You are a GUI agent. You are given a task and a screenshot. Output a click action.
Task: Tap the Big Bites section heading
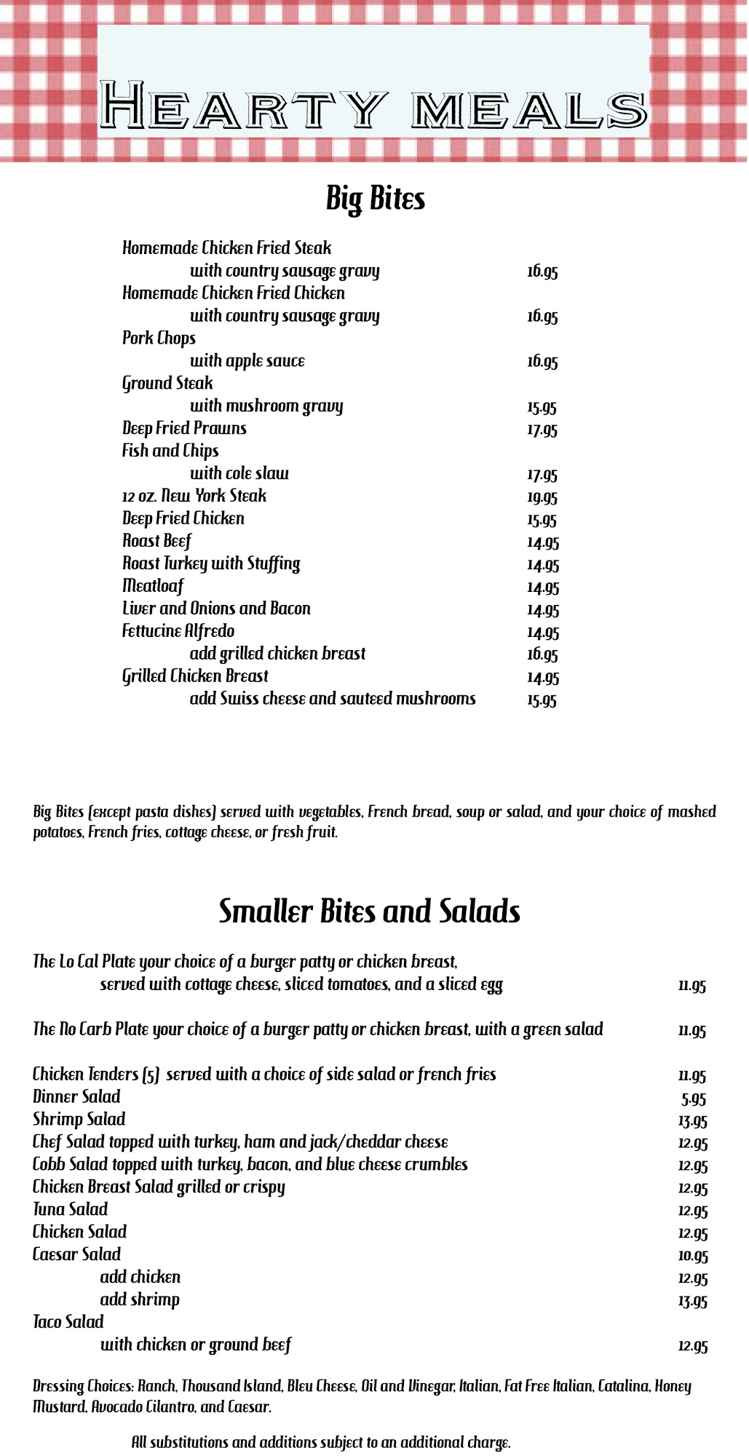point(375,199)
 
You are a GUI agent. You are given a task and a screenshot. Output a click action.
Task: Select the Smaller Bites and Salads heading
point(370,911)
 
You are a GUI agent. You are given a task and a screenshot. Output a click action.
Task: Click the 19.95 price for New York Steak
point(542,497)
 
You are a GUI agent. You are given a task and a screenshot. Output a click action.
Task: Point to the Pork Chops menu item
point(159,339)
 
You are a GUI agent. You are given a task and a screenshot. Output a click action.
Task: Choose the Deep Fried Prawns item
point(184,428)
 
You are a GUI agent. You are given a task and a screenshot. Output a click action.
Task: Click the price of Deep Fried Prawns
point(542,430)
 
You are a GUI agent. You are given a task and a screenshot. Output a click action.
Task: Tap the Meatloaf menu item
point(153,586)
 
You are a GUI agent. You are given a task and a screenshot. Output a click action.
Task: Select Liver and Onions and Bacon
point(216,609)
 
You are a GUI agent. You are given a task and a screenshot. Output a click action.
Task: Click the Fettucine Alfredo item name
point(178,631)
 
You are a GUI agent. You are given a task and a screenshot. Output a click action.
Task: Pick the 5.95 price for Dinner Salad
point(694,1099)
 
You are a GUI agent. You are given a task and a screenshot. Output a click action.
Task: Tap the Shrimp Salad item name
point(79,1120)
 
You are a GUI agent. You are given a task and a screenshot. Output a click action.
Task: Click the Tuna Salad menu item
point(70,1210)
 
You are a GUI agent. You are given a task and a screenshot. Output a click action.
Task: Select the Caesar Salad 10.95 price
point(692,1256)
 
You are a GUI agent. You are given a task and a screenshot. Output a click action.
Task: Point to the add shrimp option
point(140,1299)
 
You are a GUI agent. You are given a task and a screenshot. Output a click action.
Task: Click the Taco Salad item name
point(68,1322)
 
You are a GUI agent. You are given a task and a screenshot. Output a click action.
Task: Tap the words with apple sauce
point(247,361)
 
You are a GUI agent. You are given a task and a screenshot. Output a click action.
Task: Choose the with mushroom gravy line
point(266,406)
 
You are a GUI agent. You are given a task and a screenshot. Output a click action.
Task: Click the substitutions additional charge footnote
point(321,1442)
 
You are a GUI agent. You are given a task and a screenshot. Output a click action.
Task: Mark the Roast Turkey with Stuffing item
point(211,563)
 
